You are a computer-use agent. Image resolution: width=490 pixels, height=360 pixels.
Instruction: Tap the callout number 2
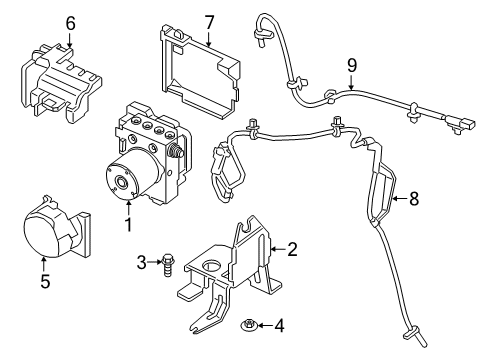(x=293, y=248)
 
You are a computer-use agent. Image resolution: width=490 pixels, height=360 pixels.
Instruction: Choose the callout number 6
(x=70, y=21)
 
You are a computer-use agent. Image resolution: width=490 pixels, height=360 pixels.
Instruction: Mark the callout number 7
(x=209, y=22)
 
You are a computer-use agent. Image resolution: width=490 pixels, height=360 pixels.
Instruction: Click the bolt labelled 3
(x=166, y=263)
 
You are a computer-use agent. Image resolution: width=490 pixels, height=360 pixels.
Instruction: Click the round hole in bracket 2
(x=213, y=267)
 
